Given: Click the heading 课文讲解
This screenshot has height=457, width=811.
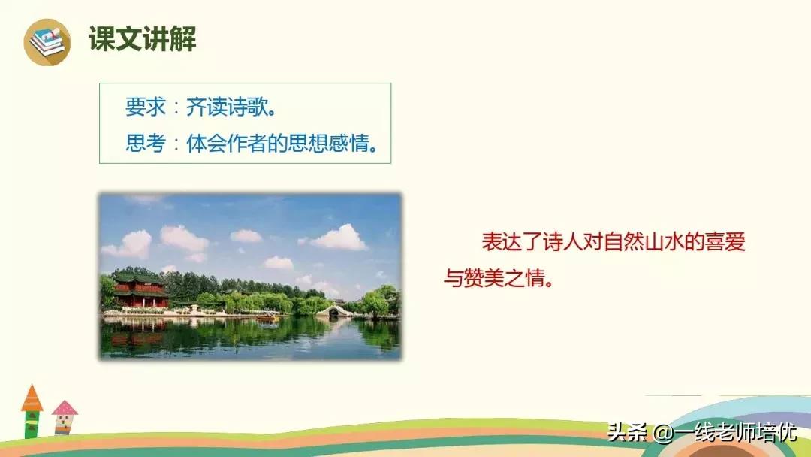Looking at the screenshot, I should pos(143,39).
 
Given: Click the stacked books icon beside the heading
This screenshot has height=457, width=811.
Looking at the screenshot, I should pos(47,41).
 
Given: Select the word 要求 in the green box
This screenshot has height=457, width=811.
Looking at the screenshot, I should pos(145,107).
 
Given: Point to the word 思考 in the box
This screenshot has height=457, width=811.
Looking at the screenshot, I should pos(145,143).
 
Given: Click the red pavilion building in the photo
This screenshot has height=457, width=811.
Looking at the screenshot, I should pos(140,291).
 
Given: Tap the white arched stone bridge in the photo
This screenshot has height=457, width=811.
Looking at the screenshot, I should pos(334,310).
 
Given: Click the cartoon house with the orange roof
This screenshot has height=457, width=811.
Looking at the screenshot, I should pos(32,411).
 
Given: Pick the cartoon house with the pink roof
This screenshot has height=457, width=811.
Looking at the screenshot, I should pos(65,418).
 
